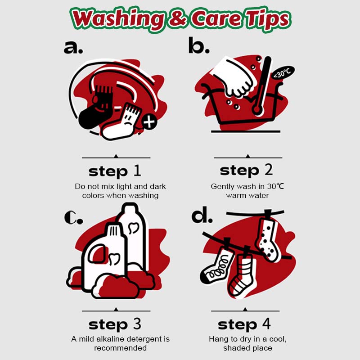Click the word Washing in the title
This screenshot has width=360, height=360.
tap(117, 19)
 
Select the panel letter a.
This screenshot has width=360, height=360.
tap(73, 47)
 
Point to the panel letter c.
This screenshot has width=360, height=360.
tap(73, 218)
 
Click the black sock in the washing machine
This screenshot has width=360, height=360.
tap(96, 108)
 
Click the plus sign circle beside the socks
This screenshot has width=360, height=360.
tap(149, 121)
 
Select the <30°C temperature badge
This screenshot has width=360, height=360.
tap(283, 73)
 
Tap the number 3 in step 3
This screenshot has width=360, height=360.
tap(137, 324)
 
